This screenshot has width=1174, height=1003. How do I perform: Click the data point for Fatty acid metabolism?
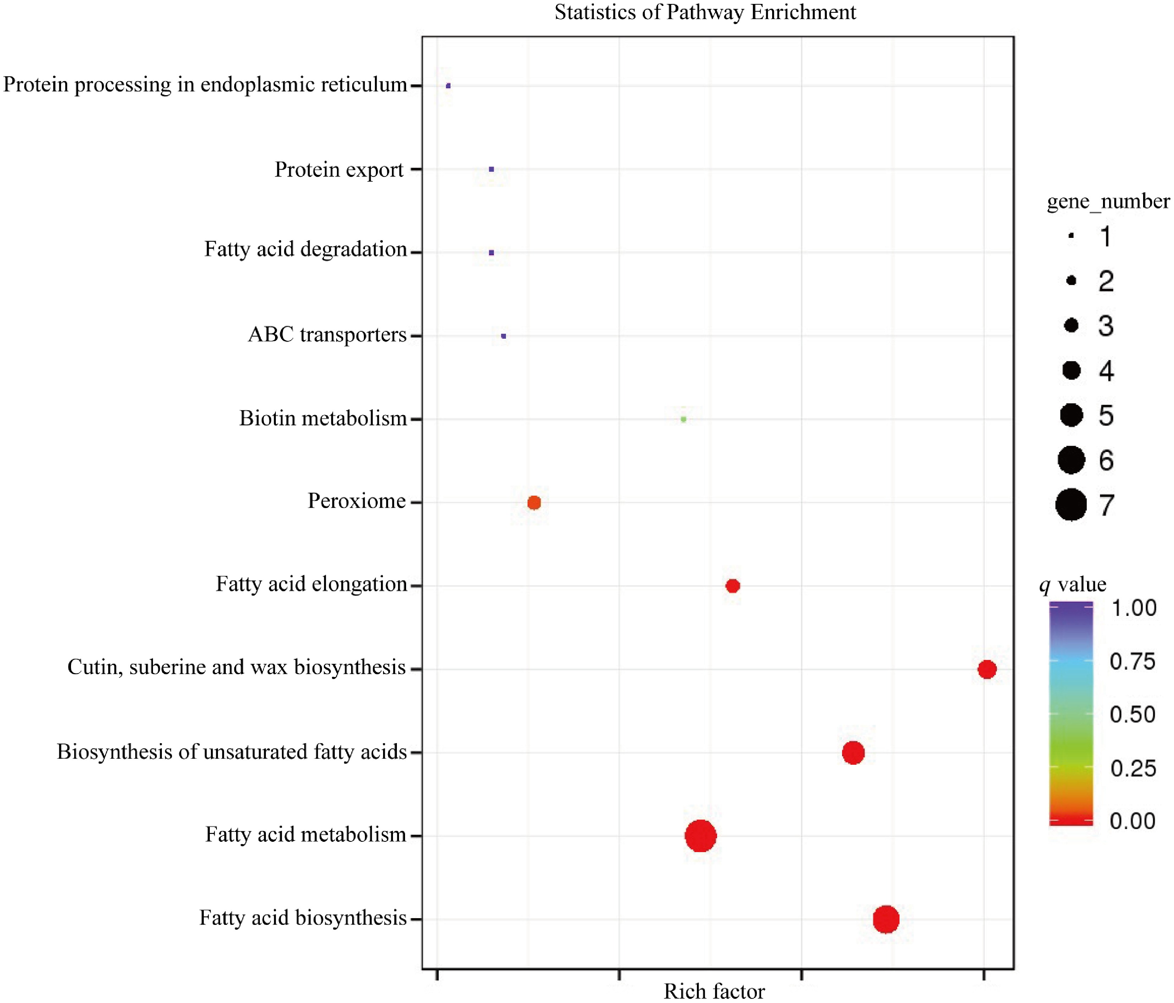click(700, 836)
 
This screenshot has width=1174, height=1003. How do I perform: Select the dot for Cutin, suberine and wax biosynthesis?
click(987, 669)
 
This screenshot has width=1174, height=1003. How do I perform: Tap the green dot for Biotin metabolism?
click(683, 419)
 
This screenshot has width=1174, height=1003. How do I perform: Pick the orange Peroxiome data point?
click(534, 503)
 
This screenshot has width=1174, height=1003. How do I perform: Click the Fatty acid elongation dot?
click(733, 586)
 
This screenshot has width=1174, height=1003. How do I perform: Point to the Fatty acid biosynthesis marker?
click(886, 919)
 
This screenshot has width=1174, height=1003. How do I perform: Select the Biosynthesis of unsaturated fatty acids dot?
click(853, 753)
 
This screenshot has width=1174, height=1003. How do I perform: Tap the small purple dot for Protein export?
click(491, 169)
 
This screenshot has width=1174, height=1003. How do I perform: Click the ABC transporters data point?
click(504, 336)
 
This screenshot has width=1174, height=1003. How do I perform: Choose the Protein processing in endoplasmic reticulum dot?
click(448, 86)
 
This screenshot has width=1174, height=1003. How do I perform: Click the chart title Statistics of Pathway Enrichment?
click(705, 12)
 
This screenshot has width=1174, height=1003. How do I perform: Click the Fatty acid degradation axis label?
click(305, 249)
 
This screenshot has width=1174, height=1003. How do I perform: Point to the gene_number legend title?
click(1108, 201)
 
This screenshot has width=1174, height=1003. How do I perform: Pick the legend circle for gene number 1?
click(1071, 236)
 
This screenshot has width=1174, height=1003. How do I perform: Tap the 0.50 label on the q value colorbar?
click(1132, 715)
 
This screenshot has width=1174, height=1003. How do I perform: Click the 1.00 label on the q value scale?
click(1133, 608)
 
